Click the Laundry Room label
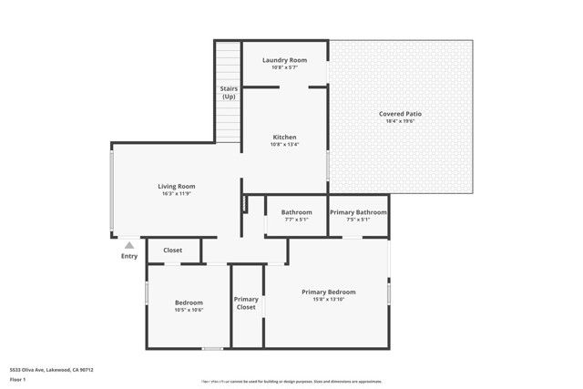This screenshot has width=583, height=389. [284, 60]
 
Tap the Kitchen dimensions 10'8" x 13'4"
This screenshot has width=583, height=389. [284, 145]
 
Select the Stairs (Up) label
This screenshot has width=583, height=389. [229, 92]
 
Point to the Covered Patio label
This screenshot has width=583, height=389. [400, 114]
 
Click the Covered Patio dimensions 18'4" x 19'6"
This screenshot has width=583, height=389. [400, 122]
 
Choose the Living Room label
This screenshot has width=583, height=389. [178, 186]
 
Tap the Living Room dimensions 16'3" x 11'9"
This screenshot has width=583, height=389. [178, 194]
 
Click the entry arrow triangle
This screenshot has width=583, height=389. [129, 244]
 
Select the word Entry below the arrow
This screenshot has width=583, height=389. [129, 256]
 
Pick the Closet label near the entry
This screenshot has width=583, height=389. [172, 251]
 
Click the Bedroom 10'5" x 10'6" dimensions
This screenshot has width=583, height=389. [189, 311]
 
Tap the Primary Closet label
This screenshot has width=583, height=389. [246, 303]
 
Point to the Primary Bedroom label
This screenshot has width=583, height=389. [329, 292]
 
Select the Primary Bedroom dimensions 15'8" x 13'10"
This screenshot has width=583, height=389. [329, 300]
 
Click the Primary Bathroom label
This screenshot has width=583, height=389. [358, 212]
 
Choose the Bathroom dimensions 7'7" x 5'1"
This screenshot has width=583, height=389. [296, 220]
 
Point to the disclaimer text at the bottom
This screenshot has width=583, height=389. [291, 382]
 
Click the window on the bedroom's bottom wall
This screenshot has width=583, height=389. [212, 348]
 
